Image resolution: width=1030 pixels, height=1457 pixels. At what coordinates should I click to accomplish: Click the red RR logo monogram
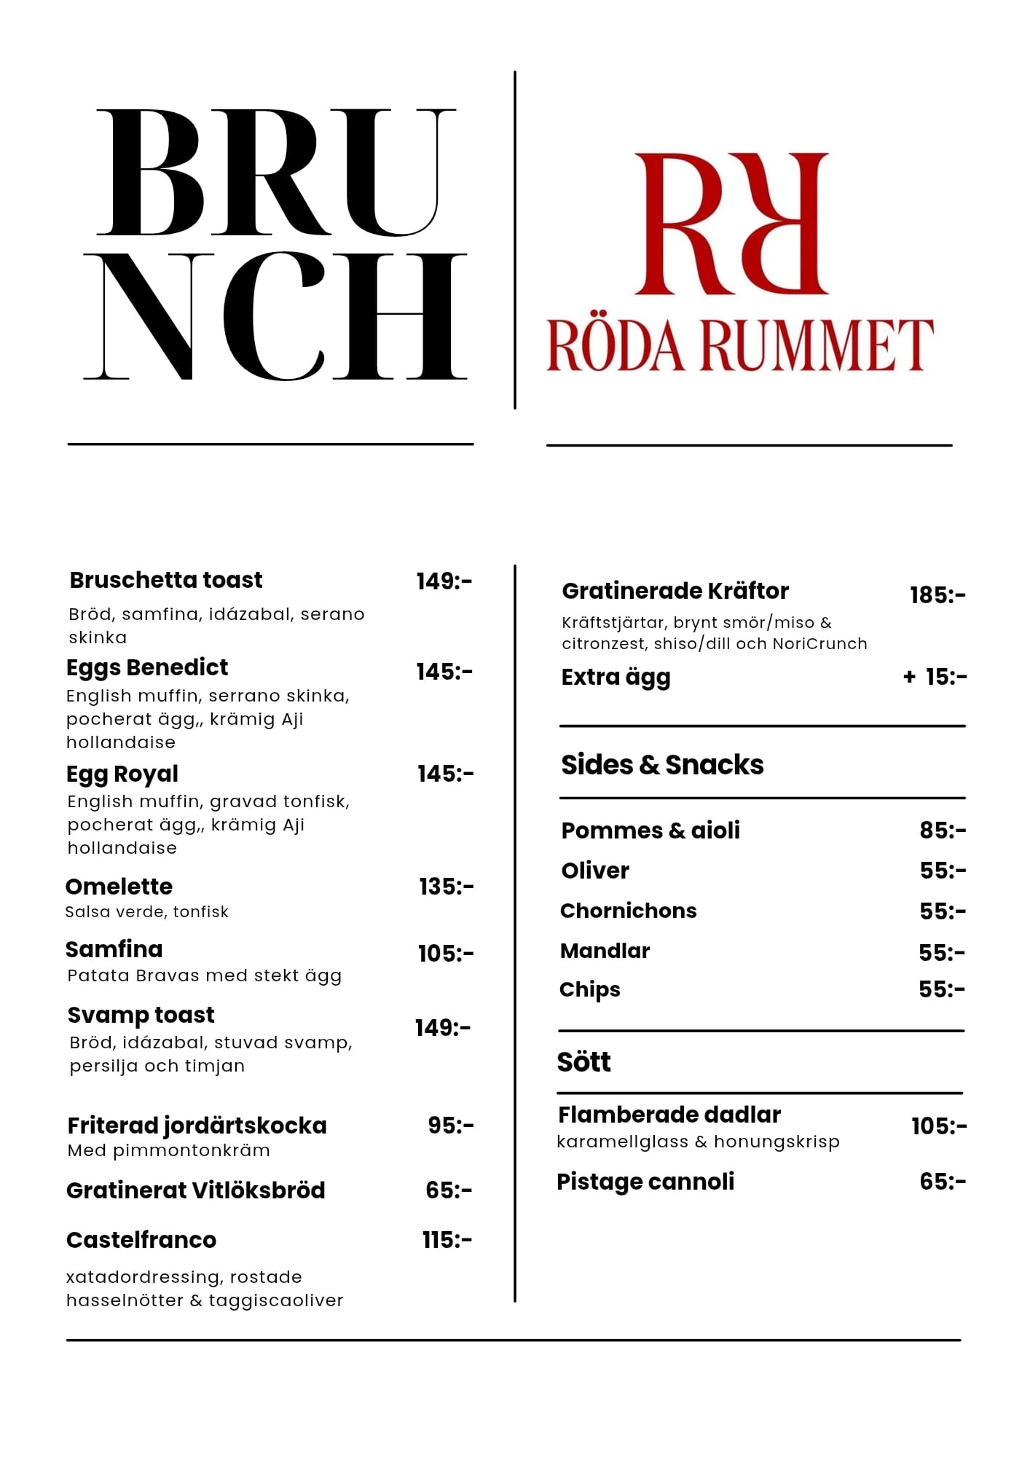[731, 224]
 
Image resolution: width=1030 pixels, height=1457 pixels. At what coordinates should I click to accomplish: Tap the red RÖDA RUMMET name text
[740, 345]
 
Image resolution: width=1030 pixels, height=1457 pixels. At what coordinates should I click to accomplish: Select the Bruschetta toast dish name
[166, 580]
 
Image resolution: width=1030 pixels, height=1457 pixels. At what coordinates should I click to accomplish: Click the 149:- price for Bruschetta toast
[444, 581]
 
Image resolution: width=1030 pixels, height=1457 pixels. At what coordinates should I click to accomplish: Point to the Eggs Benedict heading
[147, 667]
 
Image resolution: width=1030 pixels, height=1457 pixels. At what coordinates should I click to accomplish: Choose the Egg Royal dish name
[122, 774]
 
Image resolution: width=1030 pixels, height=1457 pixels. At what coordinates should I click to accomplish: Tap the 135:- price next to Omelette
[446, 887]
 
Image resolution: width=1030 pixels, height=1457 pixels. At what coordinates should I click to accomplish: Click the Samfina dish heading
[114, 949]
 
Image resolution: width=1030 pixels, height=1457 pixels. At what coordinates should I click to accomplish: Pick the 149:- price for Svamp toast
[443, 1028]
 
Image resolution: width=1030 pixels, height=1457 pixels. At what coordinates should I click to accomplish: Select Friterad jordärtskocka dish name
[197, 1126]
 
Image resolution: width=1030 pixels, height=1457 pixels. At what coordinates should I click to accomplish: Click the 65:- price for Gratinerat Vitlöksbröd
[449, 1190]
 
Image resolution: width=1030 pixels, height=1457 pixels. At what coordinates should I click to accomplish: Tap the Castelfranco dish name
[141, 1240]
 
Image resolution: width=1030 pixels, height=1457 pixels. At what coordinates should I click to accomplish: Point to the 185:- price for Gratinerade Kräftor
[937, 595]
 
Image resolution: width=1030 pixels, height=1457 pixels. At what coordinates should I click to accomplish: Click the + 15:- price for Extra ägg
[935, 677]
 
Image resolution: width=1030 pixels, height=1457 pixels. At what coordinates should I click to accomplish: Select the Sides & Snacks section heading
[662, 765]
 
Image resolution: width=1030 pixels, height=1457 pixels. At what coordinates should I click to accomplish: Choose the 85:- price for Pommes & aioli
[943, 830]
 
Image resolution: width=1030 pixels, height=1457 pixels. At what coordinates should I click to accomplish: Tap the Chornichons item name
[628, 911]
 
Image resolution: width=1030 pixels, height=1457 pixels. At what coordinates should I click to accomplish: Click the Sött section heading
[584, 1062]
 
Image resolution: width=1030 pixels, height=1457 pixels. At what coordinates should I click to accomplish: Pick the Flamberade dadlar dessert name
[669, 1115]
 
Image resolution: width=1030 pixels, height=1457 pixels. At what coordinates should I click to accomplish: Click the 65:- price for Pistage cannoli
[943, 1182]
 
